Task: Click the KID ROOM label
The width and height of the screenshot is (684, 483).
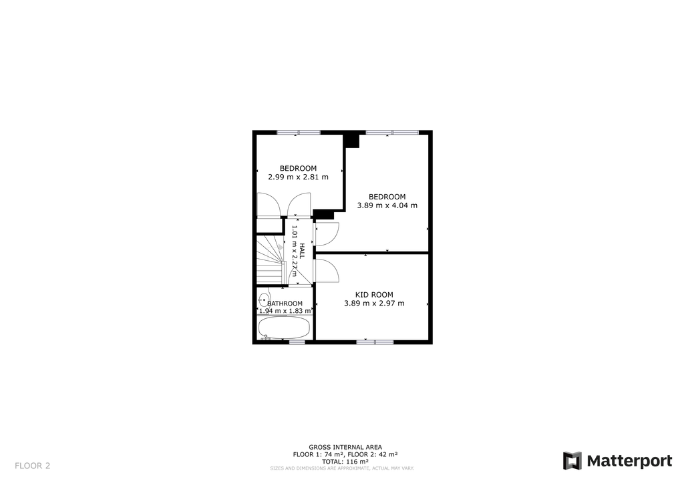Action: (x=374, y=295)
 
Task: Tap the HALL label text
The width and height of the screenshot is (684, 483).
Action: (x=302, y=251)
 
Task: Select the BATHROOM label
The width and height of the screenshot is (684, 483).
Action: (x=285, y=304)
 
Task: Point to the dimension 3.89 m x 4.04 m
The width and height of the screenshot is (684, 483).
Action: (x=387, y=205)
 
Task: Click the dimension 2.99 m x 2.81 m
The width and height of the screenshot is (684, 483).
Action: (x=299, y=177)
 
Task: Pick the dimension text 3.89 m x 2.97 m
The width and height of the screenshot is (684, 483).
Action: (x=374, y=304)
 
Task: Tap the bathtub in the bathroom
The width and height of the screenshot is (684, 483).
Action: (x=285, y=328)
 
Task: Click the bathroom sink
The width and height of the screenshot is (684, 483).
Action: (x=263, y=300)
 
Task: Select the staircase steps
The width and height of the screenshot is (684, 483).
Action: (x=270, y=260)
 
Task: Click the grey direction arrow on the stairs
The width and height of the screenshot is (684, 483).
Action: (x=281, y=247)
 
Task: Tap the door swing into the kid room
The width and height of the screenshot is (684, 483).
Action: (x=327, y=271)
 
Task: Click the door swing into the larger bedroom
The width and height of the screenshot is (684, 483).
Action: (x=327, y=234)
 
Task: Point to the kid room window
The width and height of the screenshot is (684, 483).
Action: (x=375, y=342)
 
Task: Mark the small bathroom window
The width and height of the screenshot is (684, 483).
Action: (x=297, y=342)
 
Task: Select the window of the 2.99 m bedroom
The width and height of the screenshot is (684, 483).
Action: (x=299, y=132)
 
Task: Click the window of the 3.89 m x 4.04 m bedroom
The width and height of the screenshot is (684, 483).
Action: (x=392, y=132)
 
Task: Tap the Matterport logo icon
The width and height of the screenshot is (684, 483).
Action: (x=572, y=461)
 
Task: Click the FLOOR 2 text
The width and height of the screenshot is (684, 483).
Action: (x=32, y=466)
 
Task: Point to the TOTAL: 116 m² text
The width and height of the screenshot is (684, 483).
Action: (x=345, y=462)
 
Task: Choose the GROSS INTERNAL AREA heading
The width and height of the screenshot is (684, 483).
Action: (x=345, y=447)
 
